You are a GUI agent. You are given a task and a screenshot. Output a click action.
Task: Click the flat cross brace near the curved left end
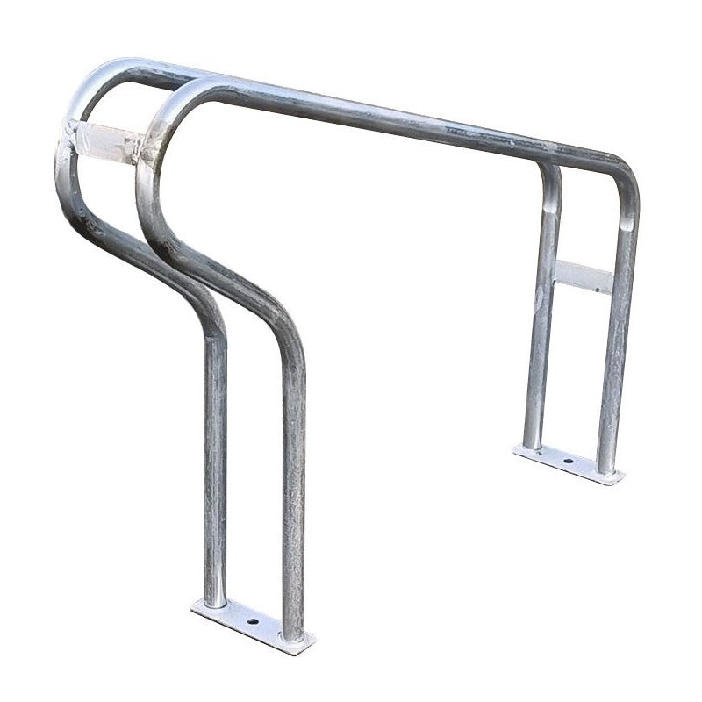110,140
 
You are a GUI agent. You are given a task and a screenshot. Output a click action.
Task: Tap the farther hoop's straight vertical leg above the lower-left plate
218,465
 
